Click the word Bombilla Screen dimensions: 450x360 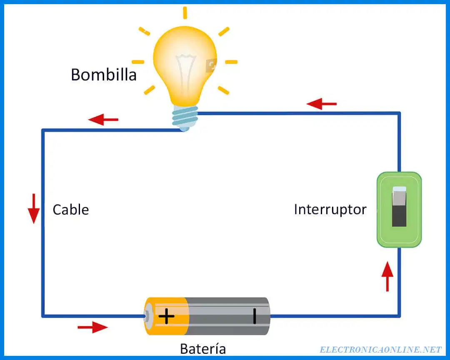pos(104,75)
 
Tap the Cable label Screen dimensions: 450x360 pos(70,210)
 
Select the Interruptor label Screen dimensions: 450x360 pos(330,210)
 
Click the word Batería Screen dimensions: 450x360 pos(203,348)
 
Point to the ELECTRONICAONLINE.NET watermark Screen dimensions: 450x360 pos(380,350)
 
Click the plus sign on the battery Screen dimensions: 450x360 pos(166,317)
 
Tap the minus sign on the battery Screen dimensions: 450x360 pos(255,316)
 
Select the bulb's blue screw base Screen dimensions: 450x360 pos(185,118)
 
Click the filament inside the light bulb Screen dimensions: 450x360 pos(186,73)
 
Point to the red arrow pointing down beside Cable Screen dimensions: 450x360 pos(34,208)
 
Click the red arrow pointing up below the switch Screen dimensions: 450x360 pos(387,277)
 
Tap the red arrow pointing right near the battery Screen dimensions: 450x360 pos(92,327)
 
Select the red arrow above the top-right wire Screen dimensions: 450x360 pos(321,104)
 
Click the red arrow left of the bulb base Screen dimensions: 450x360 pos(103,120)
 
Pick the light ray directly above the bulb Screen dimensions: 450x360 pos(185,13)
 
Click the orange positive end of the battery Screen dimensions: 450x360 pos(166,316)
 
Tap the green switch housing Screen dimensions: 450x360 pos(399,210)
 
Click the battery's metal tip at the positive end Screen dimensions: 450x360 pos(147,316)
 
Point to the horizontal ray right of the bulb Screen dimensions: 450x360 pos(231,62)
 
